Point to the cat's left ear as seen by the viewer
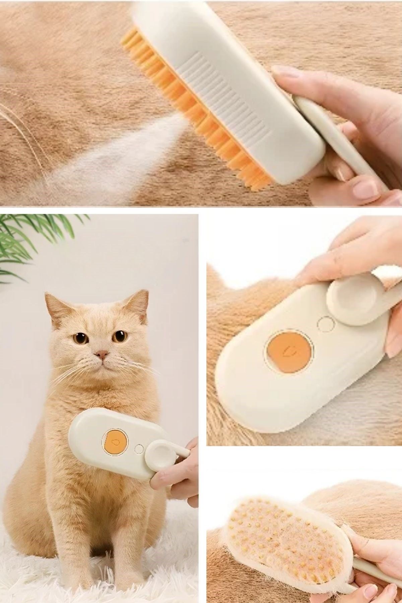coord(54,303)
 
